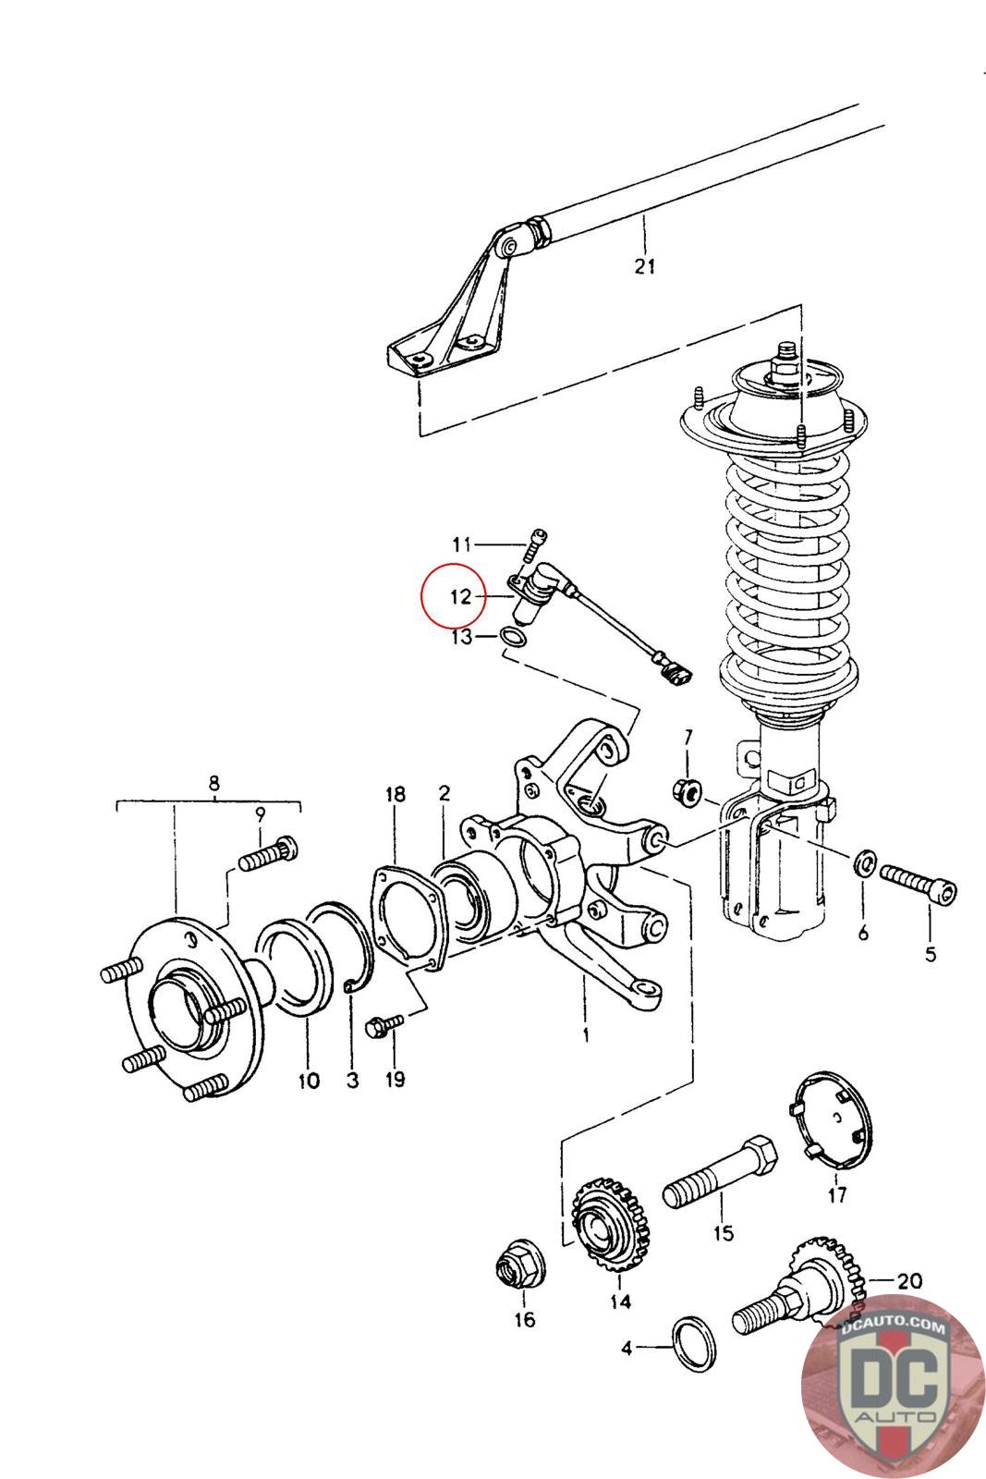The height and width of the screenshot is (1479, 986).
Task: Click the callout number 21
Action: tap(645, 266)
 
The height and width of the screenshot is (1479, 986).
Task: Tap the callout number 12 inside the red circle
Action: tap(461, 597)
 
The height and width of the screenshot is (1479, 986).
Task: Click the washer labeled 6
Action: tap(865, 862)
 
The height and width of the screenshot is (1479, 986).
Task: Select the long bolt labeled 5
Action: tap(918, 882)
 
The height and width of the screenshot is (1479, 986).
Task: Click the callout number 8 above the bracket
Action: tap(213, 783)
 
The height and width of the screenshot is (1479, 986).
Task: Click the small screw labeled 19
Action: tap(383, 1024)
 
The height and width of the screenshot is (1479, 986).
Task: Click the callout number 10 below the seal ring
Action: tap(309, 1081)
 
